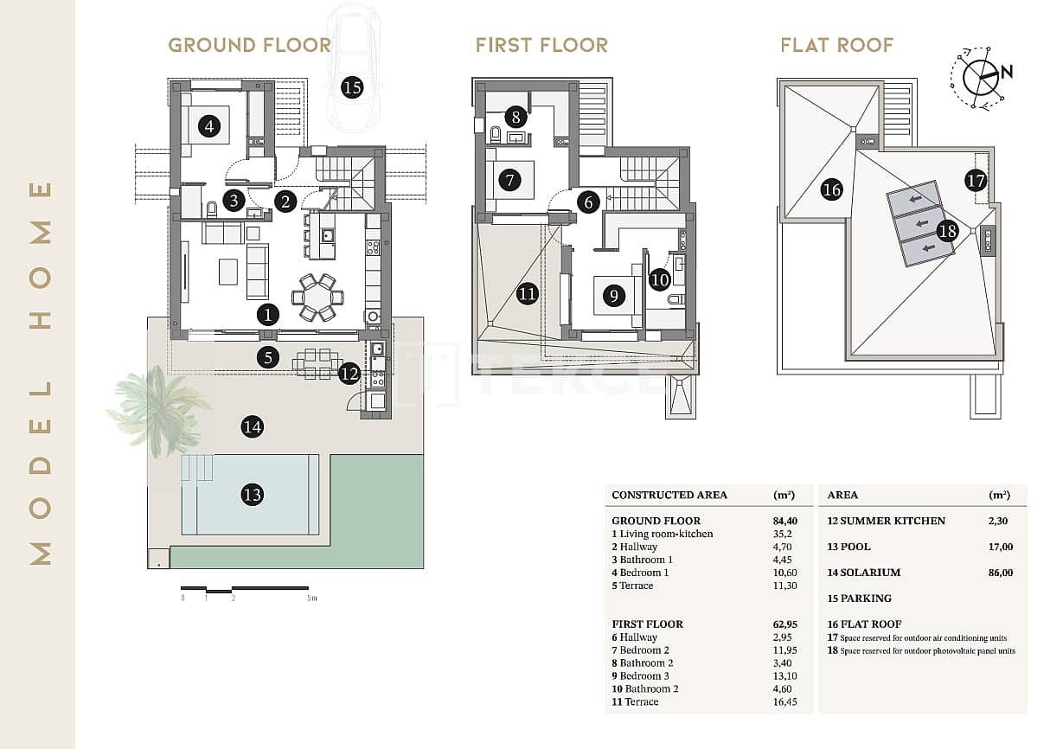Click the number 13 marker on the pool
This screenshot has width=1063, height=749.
252,495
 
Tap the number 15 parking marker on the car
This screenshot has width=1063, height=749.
351,86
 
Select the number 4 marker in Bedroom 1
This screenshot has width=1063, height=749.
208,127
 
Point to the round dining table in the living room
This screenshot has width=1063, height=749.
317,297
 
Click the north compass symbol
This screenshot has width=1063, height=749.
981,77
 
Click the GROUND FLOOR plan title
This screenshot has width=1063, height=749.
249,45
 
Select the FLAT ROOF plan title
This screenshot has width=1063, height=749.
836,45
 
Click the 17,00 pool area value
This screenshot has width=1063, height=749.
999,547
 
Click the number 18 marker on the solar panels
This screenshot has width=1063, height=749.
948,231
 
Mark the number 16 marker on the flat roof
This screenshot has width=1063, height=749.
831,189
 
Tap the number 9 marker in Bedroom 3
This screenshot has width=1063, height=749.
613,296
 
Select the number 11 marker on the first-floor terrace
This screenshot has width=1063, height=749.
528,294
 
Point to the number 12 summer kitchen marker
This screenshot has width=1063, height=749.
349,374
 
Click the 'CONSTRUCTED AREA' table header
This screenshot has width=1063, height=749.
669,496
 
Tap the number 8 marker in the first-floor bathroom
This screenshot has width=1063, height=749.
515,116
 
